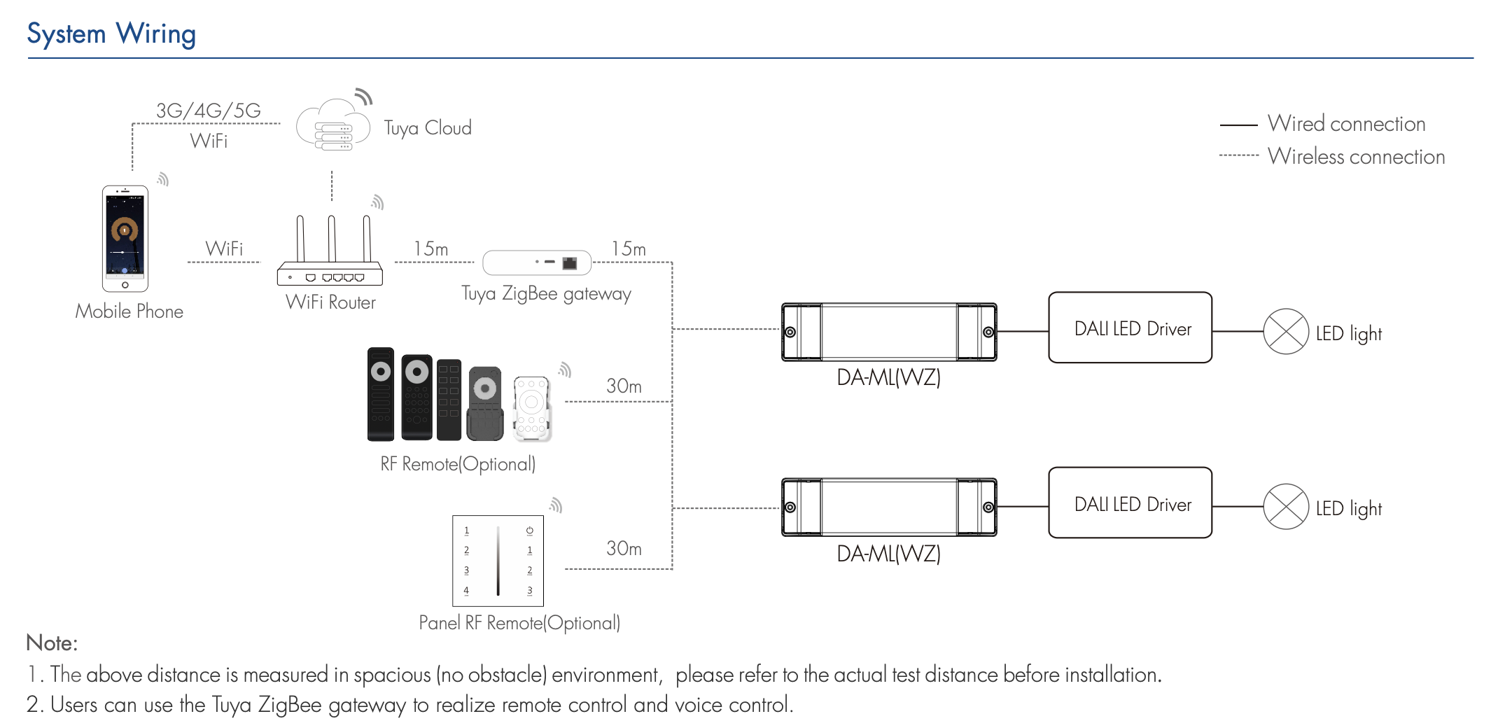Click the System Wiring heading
111,34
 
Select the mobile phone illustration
125,238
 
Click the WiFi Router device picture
330,252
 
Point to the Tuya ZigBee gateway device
537,262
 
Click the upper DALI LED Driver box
1130,328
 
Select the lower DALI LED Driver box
1130,503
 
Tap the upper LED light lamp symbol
1285,332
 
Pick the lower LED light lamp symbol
1285,507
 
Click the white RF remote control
531,409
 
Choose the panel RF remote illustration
498,561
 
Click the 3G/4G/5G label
208,111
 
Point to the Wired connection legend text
1346,124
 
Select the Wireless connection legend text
1356,157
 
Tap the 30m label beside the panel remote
624,548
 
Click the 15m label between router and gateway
430,249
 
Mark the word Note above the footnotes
51,643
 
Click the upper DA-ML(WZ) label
888,378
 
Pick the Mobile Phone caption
129,311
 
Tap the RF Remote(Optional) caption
458,464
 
